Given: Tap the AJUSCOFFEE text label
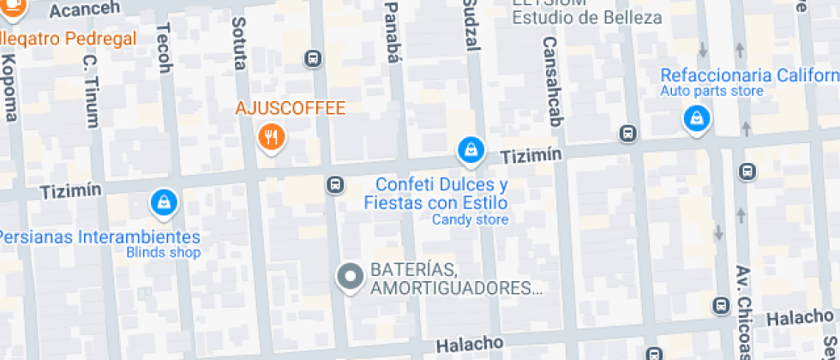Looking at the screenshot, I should pyautogui.click(x=291, y=109).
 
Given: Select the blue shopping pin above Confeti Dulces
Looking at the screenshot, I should pyautogui.click(x=469, y=152).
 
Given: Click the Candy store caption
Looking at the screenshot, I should pyautogui.click(x=470, y=220).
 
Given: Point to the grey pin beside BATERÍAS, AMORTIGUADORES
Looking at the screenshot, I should pyautogui.click(x=349, y=277).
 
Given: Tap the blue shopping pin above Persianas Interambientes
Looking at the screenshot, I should pyautogui.click(x=162, y=202).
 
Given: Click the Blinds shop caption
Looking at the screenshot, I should pyautogui.click(x=163, y=253).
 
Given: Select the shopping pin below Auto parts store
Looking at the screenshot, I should pyautogui.click(x=697, y=118).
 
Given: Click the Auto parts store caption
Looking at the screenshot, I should pyautogui.click(x=711, y=91).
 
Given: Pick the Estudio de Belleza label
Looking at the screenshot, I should pyautogui.click(x=587, y=17).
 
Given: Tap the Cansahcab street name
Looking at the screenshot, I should pyautogui.click(x=551, y=81).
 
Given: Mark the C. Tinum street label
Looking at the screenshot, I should pyautogui.click(x=91, y=91).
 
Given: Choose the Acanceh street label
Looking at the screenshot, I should pyautogui.click(x=81, y=10).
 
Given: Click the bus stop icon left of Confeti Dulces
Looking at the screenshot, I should pyautogui.click(x=335, y=184).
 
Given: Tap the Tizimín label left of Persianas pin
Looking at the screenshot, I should pyautogui.click(x=71, y=189).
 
